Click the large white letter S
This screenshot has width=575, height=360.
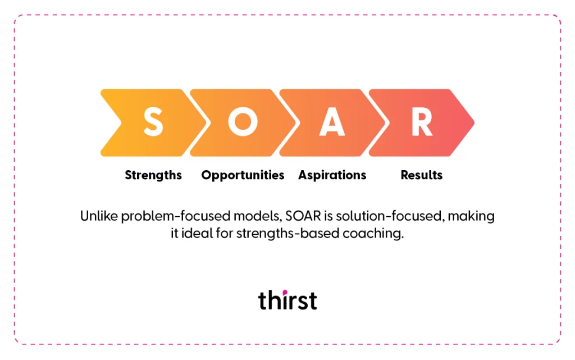point(153,122)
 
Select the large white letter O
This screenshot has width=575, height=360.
point(243,122)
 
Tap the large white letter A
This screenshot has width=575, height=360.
point(332,122)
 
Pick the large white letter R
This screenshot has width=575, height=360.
point(422,122)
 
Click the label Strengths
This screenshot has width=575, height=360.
point(153,175)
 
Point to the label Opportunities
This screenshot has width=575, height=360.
point(243,175)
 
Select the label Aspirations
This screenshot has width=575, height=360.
point(332,175)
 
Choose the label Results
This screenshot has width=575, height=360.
point(422,175)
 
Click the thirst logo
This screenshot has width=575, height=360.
point(287,300)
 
